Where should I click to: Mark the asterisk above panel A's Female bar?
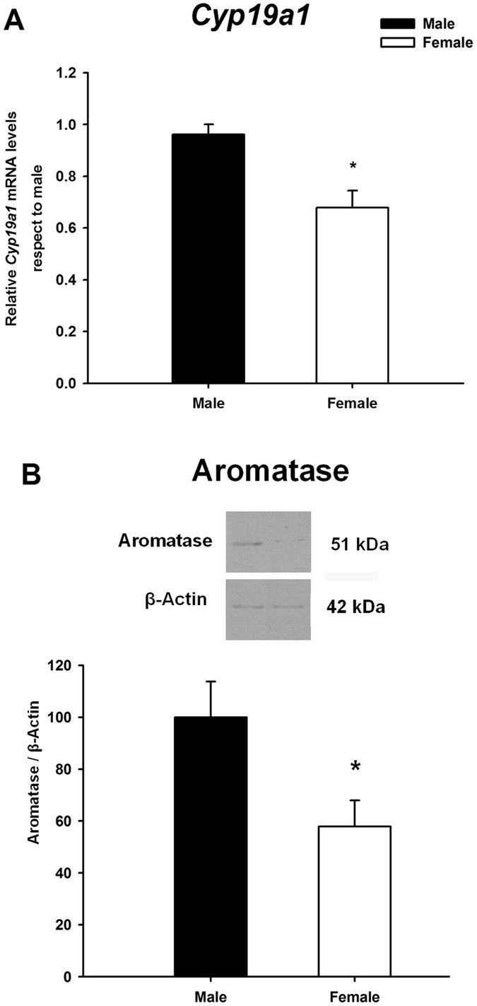click(x=352, y=167)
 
